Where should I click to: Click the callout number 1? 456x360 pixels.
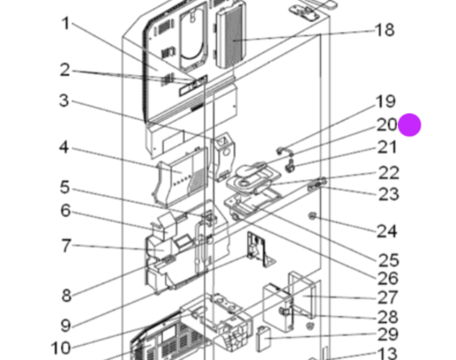tap(66, 24)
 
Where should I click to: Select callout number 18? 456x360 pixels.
tap(385, 30)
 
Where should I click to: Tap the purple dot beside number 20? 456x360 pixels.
tap(410, 125)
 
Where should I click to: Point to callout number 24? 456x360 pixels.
tap(387, 232)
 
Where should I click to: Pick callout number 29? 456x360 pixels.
tap(388, 335)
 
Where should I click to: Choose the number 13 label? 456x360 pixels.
tap(388, 353)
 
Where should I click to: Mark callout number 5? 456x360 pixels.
tap(65, 187)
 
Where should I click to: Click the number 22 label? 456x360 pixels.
tap(388, 173)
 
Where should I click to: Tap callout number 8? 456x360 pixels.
tap(67, 296)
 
